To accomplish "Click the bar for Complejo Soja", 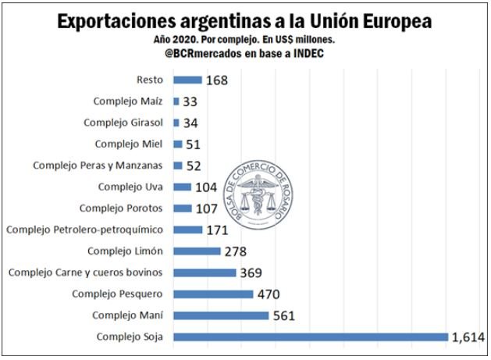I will tap(311, 337).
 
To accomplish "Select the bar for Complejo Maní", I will tap(220, 315).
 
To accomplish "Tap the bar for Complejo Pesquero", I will tap(212, 294).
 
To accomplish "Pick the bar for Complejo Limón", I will tap(197, 251).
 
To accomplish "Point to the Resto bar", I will tap(187, 80).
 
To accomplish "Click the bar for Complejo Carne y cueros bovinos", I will tap(205, 273).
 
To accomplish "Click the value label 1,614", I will tap(468, 337).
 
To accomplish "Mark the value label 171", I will tap(216, 230).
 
